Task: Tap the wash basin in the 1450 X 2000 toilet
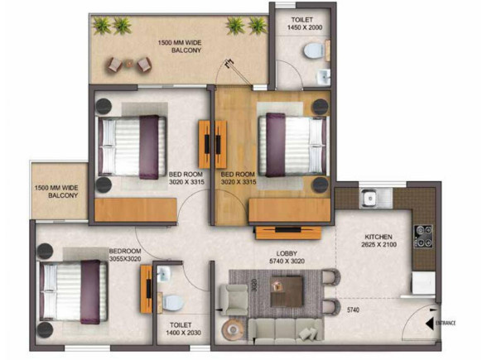pos(324,78)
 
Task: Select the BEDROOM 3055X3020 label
pos(125,255)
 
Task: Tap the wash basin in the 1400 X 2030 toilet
pos(161,276)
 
